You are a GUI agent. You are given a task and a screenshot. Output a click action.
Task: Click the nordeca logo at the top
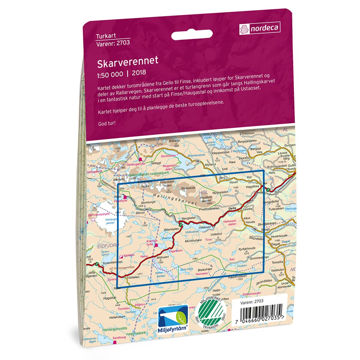point(260,28)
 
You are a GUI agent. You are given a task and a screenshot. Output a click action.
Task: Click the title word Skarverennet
point(127,61)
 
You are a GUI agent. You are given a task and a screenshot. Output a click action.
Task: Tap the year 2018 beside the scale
point(139,72)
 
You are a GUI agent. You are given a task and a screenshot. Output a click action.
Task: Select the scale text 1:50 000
point(110,73)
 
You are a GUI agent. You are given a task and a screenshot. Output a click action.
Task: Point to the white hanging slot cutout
point(192,35)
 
